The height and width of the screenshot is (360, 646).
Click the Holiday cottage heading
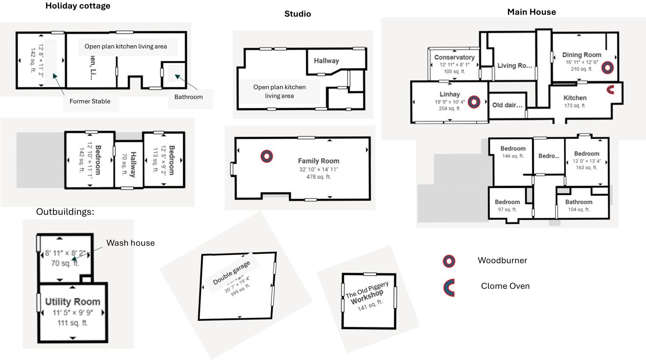(78, 6)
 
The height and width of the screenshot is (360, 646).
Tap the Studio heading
(298, 14)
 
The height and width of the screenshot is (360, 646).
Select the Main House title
(531, 12)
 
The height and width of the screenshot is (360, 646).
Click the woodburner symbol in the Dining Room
(608, 67)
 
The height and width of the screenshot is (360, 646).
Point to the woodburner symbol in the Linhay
(474, 102)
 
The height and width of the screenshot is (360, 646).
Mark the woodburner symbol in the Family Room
(267, 156)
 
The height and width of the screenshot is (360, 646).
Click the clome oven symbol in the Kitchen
(610, 90)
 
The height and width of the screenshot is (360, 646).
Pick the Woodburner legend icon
(449, 261)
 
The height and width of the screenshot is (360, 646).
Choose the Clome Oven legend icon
(449, 288)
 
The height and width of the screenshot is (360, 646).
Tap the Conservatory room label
(454, 57)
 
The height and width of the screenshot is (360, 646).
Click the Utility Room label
(73, 302)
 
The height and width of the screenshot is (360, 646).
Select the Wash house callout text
(130, 243)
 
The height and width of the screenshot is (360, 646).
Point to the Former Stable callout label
(90, 102)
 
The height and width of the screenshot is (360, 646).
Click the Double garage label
(231, 273)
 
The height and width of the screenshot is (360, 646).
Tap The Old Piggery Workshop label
(367, 292)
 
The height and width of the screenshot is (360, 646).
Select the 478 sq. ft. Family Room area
(319, 177)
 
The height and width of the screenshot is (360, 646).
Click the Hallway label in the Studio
(326, 61)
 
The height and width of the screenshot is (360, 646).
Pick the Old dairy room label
(507, 105)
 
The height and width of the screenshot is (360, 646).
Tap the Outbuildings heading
(65, 212)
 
